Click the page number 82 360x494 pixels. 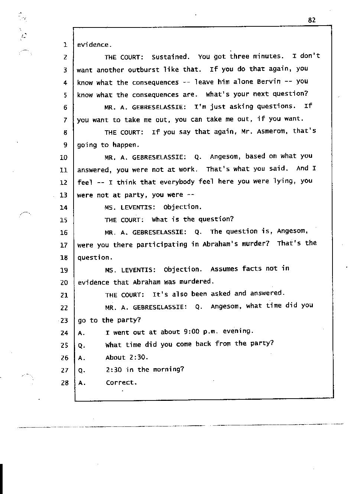tap(312, 20)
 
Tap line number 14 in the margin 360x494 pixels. tap(64, 207)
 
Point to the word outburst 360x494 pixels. tap(144, 70)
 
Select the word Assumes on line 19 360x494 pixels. tap(224, 269)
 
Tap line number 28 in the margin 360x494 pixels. tap(65, 383)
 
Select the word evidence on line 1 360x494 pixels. tap(93, 45)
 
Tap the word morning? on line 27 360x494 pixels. tap(168, 370)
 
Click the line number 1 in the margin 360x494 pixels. tap(65, 45)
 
